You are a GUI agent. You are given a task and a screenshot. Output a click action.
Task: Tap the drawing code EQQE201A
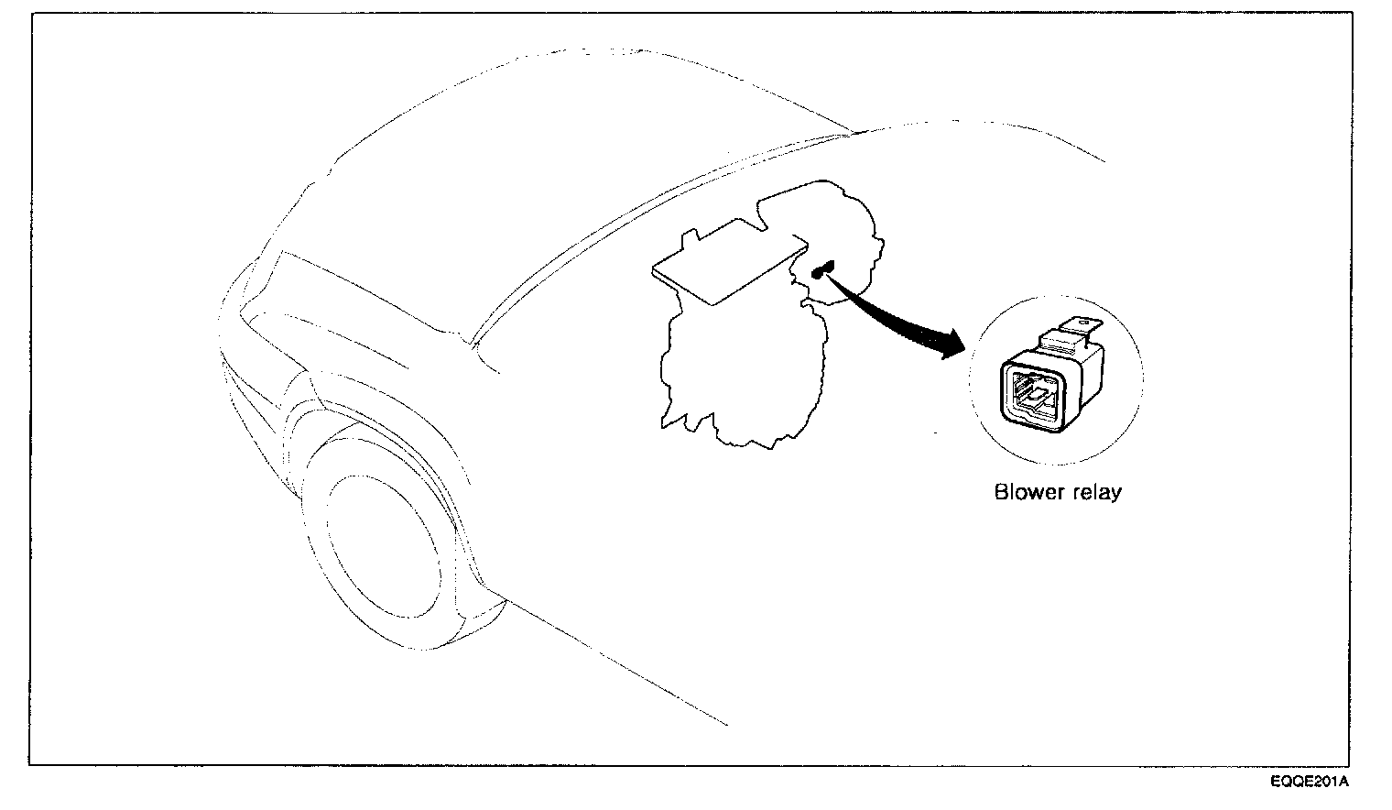(1309, 782)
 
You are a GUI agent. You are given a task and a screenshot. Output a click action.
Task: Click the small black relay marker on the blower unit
(821, 268)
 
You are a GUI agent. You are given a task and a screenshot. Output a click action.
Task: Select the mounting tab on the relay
(1078, 326)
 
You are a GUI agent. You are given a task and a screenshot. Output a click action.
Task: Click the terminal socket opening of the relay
(1034, 394)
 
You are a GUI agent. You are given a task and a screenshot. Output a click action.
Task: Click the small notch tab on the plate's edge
(689, 241)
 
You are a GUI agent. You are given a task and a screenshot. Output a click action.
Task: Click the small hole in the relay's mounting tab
(1082, 322)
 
